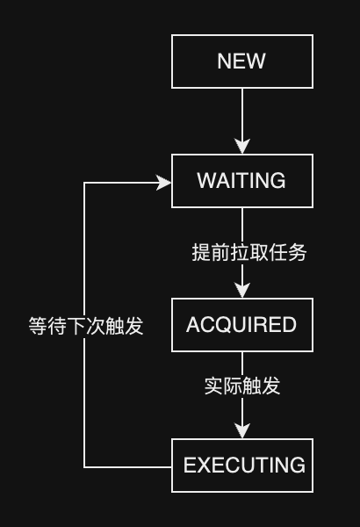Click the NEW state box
point(241,61)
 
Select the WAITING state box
point(241,181)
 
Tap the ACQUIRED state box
point(241,325)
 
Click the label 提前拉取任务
point(248,253)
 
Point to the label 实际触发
point(242,386)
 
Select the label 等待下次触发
point(85,327)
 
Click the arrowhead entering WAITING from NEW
point(242,147)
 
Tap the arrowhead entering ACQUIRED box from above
point(242,291)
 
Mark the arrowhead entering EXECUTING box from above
point(242,430)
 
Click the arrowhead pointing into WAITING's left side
point(163,182)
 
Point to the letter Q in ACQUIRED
point(232,326)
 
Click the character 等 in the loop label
point(39,327)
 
